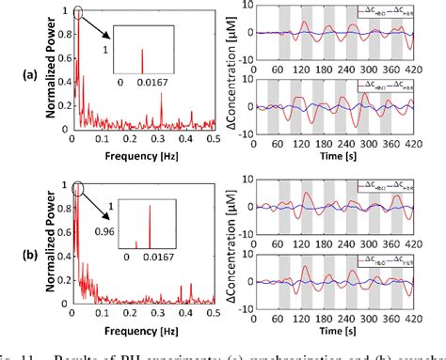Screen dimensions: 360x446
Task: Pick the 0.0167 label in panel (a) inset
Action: coord(147,85)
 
